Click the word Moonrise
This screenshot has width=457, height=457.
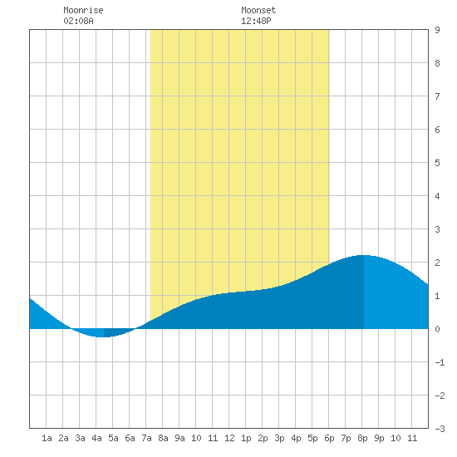click(83, 10)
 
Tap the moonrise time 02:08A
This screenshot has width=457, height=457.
click(78, 21)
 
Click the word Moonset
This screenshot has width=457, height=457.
click(258, 10)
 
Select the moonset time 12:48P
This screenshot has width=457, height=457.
click(256, 21)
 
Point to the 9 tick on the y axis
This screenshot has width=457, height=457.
click(437, 30)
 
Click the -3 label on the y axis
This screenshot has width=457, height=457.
click(440, 429)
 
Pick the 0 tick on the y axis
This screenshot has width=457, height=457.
click(437, 329)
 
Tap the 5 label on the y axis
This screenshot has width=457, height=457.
click(437, 163)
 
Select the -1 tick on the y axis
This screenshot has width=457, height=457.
click(440, 362)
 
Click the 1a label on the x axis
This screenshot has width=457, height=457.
click(47, 438)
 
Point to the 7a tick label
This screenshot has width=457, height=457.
click(146, 438)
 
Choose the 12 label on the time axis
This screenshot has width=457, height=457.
click(229, 438)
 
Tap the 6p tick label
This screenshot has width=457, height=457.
click(329, 438)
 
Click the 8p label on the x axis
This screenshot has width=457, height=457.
click(362, 438)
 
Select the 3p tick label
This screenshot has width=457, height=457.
click(279, 438)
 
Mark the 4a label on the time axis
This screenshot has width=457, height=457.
click(96, 438)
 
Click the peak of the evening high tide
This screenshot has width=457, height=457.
click(363, 256)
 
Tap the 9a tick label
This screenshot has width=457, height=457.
click(179, 438)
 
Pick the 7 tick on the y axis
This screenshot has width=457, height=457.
click(437, 96)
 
